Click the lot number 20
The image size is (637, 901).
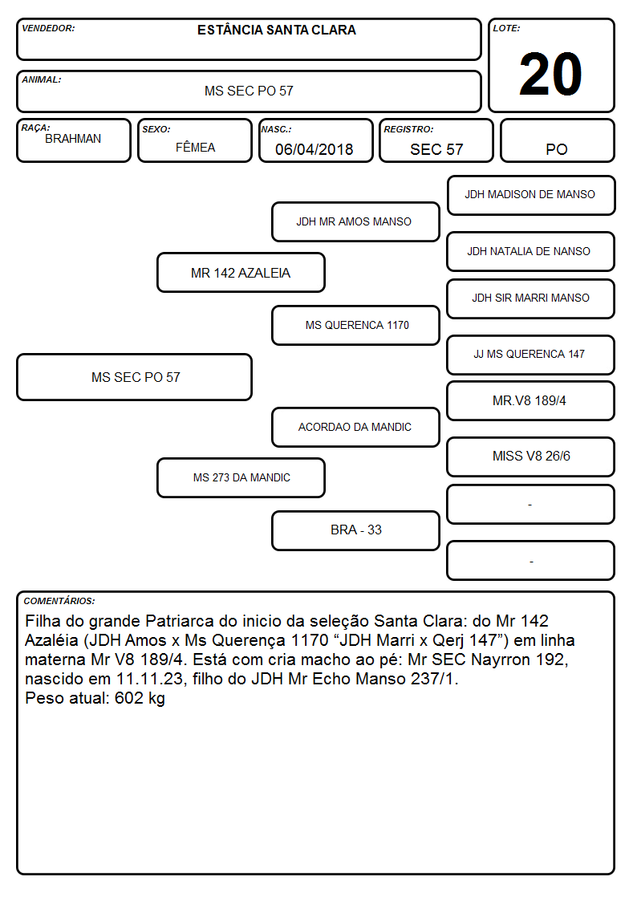550,74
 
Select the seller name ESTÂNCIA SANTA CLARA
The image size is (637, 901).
276,30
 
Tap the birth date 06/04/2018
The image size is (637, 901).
314,149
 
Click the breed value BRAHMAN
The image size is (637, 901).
73,139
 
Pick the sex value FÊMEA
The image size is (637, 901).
195,147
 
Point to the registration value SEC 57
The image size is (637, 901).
436,149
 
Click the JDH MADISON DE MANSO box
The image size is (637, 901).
531,196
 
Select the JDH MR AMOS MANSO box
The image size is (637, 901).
355,221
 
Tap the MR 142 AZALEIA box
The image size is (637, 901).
241,272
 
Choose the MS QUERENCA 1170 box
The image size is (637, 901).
355,325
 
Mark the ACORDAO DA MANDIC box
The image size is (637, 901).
355,427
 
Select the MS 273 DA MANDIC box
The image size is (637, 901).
241,477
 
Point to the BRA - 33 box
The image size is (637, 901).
355,530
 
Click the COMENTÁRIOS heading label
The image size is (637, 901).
59,601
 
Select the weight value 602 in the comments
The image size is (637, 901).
129,698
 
